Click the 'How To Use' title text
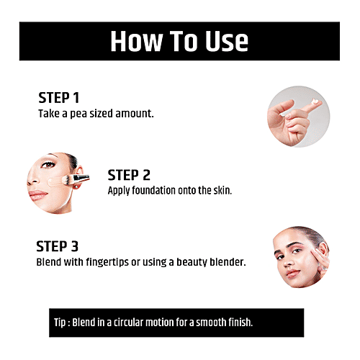(x=179, y=41)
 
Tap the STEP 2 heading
(x=130, y=175)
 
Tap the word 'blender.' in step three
(x=227, y=262)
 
